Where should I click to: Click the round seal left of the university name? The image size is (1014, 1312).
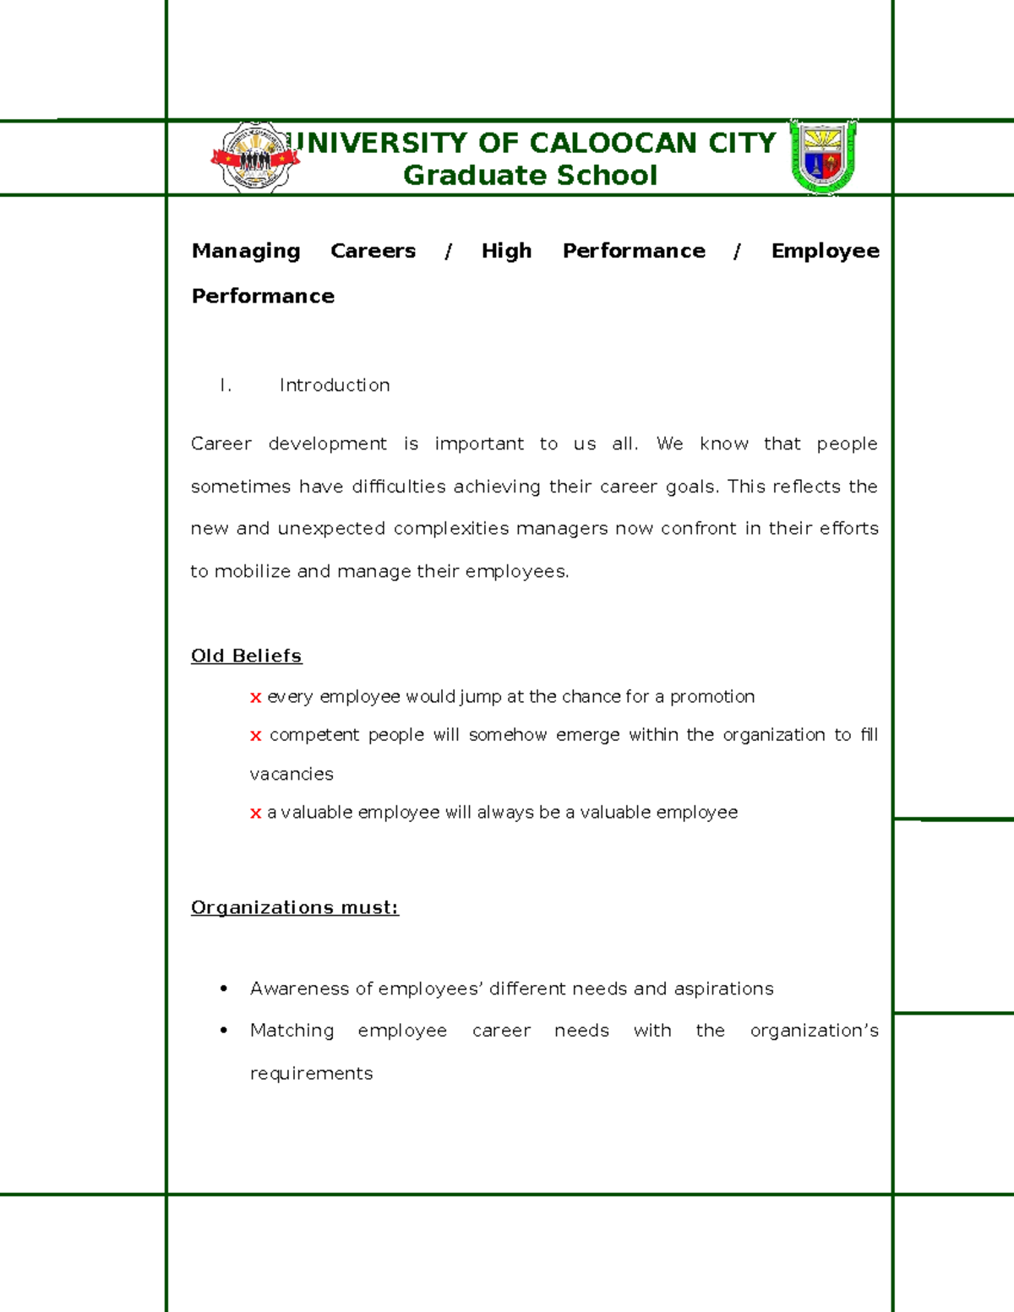[x=254, y=157]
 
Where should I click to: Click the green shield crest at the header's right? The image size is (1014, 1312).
[x=823, y=156]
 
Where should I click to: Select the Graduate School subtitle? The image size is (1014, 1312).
[x=530, y=175]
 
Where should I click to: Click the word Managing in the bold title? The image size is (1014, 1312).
[x=246, y=251]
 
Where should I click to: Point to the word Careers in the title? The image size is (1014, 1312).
[x=373, y=251]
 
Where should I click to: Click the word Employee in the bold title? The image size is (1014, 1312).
[x=825, y=251]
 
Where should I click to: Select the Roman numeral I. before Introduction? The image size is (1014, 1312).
[x=225, y=385]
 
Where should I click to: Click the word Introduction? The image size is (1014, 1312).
[x=335, y=385]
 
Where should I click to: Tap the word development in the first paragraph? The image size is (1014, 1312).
[x=327, y=444]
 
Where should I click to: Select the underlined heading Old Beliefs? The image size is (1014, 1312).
[x=246, y=656]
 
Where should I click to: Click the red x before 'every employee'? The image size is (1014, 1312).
[x=255, y=698]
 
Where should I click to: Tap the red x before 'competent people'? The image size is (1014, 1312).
[x=255, y=737]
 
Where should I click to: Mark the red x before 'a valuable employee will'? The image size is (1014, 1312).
[x=255, y=814]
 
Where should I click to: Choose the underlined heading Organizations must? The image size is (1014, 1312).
[x=294, y=907]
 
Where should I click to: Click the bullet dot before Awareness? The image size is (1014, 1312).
[x=223, y=988]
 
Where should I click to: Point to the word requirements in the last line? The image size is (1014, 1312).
[x=311, y=1074]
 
